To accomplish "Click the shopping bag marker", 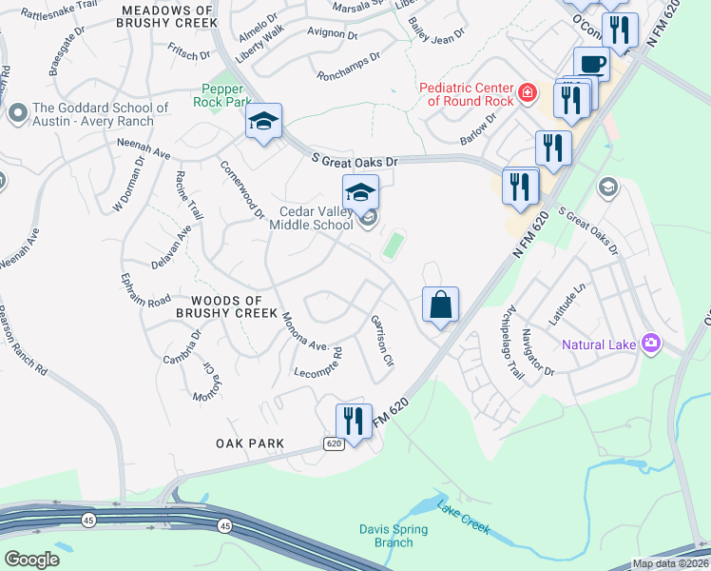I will tap(441, 306).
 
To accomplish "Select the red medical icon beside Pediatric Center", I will tap(526, 95).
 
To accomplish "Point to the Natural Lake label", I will tap(601, 345).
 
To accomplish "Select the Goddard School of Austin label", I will tap(100, 115).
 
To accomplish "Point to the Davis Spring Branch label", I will tap(387, 536).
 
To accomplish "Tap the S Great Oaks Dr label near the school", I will tap(354, 162).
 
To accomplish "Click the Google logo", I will tap(31, 559).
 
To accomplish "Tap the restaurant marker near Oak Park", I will tap(354, 421).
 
